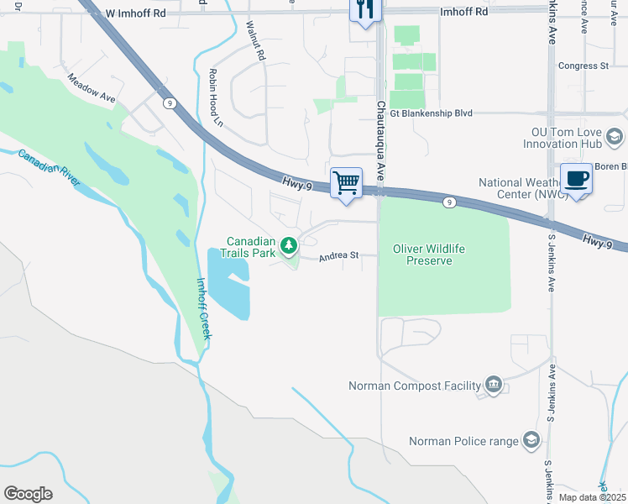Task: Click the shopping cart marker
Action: pos(346,182)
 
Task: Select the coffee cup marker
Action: pos(576,179)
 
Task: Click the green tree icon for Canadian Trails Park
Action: pos(290,246)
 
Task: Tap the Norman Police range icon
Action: pos(531,440)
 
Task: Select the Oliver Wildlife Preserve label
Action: pos(429,255)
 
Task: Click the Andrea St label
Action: pos(338,255)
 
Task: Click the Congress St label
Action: pos(584,66)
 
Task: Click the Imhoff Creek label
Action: pos(205,308)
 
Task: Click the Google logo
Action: pos(28,494)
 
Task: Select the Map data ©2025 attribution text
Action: pos(592,497)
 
